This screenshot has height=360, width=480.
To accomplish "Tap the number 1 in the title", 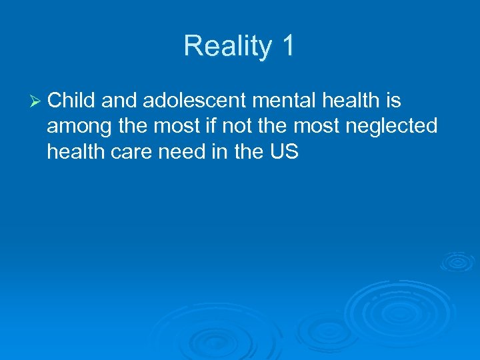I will [x=288, y=46].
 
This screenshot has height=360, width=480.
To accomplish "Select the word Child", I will [x=72, y=101].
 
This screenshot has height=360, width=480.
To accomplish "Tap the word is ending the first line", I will [x=392, y=101].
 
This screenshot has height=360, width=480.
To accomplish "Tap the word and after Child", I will [x=119, y=101].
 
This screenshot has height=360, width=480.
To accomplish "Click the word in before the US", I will [x=222, y=153].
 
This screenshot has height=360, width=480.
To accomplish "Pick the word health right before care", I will [x=75, y=153].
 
